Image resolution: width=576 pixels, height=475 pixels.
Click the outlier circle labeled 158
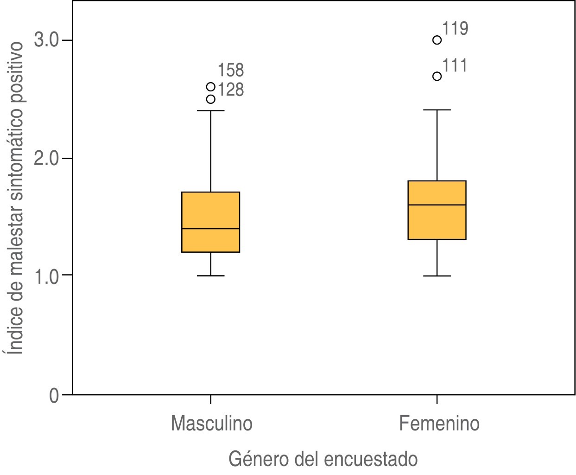click(210, 87)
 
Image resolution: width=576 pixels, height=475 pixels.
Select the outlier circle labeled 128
click(210, 99)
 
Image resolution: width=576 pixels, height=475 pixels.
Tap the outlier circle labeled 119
click(437, 40)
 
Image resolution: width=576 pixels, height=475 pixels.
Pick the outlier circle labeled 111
click(437, 76)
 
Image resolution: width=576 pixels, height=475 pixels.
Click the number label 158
click(230, 71)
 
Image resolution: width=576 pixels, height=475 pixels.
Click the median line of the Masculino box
click(210, 229)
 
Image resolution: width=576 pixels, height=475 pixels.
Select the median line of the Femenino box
click(437, 205)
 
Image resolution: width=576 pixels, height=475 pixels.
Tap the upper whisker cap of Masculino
click(210, 111)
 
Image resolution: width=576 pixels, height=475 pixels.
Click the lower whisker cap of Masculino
click(210, 276)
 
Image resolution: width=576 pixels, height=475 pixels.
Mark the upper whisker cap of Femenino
click(437, 110)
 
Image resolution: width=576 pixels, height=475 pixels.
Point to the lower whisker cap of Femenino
click(437, 276)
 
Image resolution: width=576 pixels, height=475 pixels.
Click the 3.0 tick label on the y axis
click(47, 40)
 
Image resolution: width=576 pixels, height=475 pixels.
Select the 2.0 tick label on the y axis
click(47, 158)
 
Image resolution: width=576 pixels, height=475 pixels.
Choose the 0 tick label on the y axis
click(54, 395)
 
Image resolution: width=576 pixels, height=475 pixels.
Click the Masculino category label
click(211, 424)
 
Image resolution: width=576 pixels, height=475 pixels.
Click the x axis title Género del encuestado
click(323, 459)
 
